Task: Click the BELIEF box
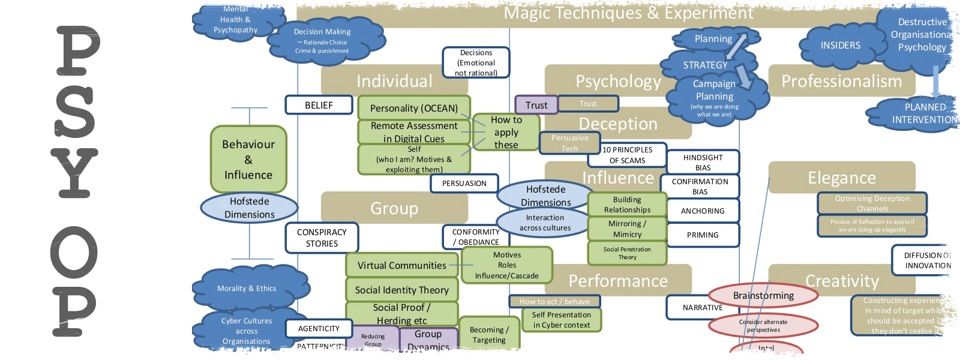[x=319, y=105]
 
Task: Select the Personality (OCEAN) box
[x=413, y=108]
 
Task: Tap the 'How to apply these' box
[x=506, y=132]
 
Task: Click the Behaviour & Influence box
[x=248, y=159]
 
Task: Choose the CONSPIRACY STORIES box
[x=322, y=238]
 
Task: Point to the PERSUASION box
[x=464, y=183]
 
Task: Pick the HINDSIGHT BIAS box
[x=703, y=162]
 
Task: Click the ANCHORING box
[x=703, y=211]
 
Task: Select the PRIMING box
[x=703, y=235]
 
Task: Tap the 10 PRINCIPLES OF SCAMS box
[x=627, y=155]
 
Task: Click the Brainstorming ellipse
[x=763, y=295]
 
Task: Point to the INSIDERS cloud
[x=840, y=46]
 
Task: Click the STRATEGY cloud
[x=705, y=65]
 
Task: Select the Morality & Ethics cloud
[x=247, y=288]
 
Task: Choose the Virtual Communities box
[x=401, y=265]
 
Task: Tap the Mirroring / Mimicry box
[x=627, y=229]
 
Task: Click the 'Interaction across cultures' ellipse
[x=545, y=223]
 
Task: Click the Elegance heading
[x=841, y=178]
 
